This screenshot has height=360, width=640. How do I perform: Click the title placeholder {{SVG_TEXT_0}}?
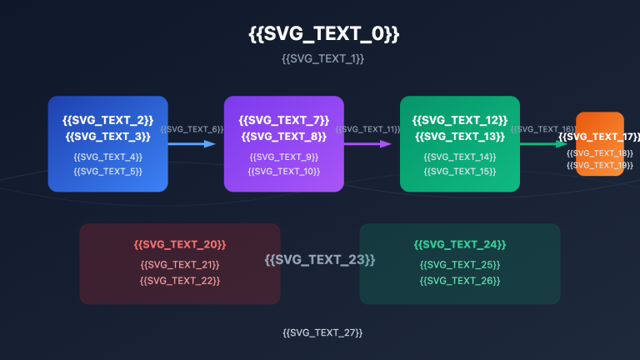[x=323, y=34]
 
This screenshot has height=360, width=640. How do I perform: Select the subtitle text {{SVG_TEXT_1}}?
[x=323, y=59]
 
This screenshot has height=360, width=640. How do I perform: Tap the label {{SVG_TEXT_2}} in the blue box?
[x=107, y=120]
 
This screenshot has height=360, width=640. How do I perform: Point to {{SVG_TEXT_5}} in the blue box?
[x=107, y=171]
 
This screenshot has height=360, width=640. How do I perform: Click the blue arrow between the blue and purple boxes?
[x=192, y=144]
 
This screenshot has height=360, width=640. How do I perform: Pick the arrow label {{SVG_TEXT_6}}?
[x=192, y=129]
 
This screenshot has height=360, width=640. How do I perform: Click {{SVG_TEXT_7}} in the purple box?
[x=283, y=120]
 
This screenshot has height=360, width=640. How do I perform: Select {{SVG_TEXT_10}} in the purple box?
[x=283, y=171]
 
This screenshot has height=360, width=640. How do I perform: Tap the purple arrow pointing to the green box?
[x=367, y=144]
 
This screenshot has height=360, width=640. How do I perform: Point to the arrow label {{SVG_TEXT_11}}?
[x=367, y=129]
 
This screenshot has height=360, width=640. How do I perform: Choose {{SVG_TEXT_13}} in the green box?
[x=460, y=136]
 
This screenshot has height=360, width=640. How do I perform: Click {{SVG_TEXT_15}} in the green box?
[x=460, y=171]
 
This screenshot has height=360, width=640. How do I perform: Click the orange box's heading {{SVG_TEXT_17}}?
[x=600, y=137]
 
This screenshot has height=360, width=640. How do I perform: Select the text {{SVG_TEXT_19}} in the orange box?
[x=600, y=165]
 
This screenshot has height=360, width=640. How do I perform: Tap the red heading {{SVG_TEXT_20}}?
[x=180, y=244]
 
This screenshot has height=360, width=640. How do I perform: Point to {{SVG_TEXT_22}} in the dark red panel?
[x=180, y=280]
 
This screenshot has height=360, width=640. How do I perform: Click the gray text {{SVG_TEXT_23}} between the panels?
[x=320, y=260]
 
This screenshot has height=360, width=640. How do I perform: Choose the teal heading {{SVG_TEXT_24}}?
[x=460, y=244]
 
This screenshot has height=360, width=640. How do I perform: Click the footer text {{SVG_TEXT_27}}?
[x=322, y=332]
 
